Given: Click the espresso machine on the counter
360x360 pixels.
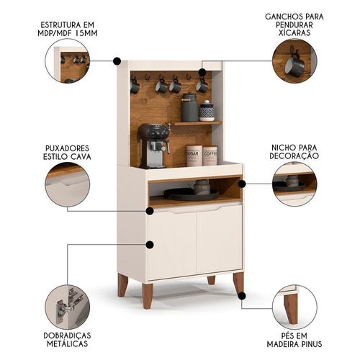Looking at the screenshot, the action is pyautogui.click(x=153, y=145).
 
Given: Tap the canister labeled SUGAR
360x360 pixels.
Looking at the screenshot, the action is pyautogui.click(x=194, y=156).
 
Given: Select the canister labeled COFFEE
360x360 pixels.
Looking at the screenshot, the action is pyautogui.click(x=210, y=156).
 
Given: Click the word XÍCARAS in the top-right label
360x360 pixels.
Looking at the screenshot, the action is pyautogui.click(x=294, y=33).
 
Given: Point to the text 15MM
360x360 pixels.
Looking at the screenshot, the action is pyautogui.click(x=86, y=33).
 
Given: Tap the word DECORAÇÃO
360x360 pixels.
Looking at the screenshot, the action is pyautogui.click(x=294, y=156).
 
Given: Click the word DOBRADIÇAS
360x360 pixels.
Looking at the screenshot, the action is pyautogui.click(x=67, y=336).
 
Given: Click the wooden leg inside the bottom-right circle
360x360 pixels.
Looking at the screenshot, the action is pyautogui.click(x=292, y=309).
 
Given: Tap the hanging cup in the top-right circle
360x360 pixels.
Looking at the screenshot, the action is pyautogui.click(x=294, y=64).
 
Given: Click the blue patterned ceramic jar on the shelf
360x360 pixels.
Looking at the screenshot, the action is pyautogui.click(x=207, y=111).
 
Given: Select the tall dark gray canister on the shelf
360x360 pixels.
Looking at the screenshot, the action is pyautogui.click(x=189, y=107).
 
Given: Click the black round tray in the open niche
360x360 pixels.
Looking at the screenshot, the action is pyautogui.click(x=192, y=194).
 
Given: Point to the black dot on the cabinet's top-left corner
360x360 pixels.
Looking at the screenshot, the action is pyautogui.click(x=117, y=61).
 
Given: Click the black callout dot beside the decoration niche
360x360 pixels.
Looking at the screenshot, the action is pyautogui.click(x=242, y=184).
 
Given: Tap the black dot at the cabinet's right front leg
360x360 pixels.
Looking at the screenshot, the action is pyautogui.click(x=242, y=296).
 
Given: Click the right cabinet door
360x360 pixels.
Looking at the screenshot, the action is pyautogui.click(x=219, y=239).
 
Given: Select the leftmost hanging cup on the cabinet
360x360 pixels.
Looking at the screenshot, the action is pyautogui.click(x=135, y=86).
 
